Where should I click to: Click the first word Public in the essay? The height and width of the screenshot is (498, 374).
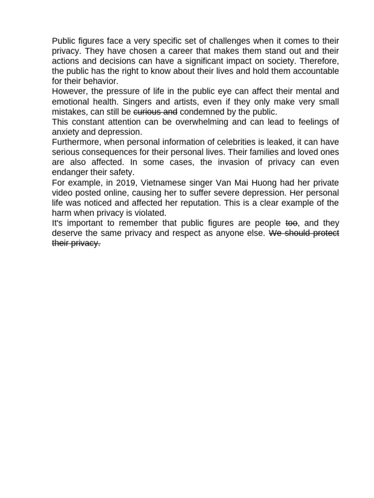64,41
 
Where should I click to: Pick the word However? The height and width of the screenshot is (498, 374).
68,91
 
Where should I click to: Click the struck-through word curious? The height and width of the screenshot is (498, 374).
147,112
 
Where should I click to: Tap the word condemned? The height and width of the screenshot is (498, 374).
201,112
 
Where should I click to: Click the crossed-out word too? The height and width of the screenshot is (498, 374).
291,223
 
